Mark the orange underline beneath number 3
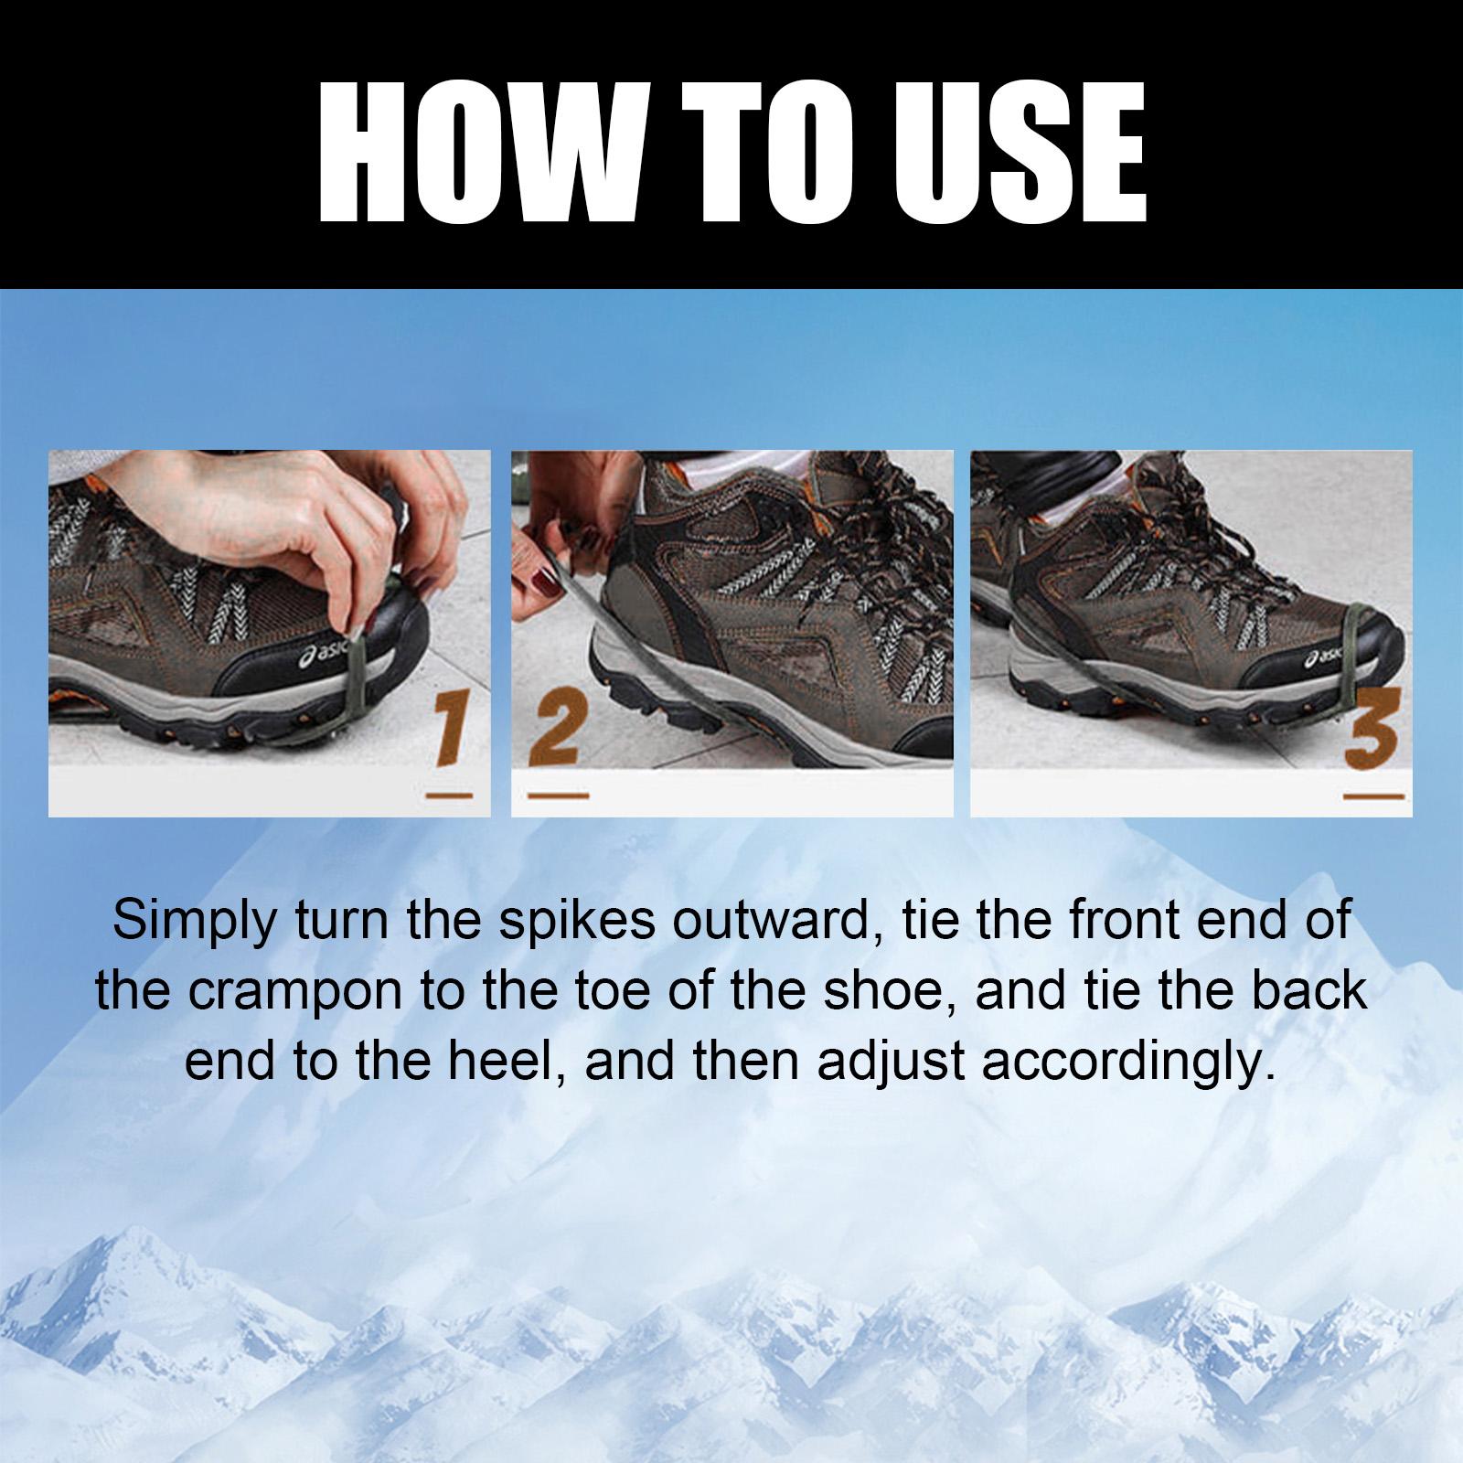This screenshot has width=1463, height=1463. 1372,797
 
